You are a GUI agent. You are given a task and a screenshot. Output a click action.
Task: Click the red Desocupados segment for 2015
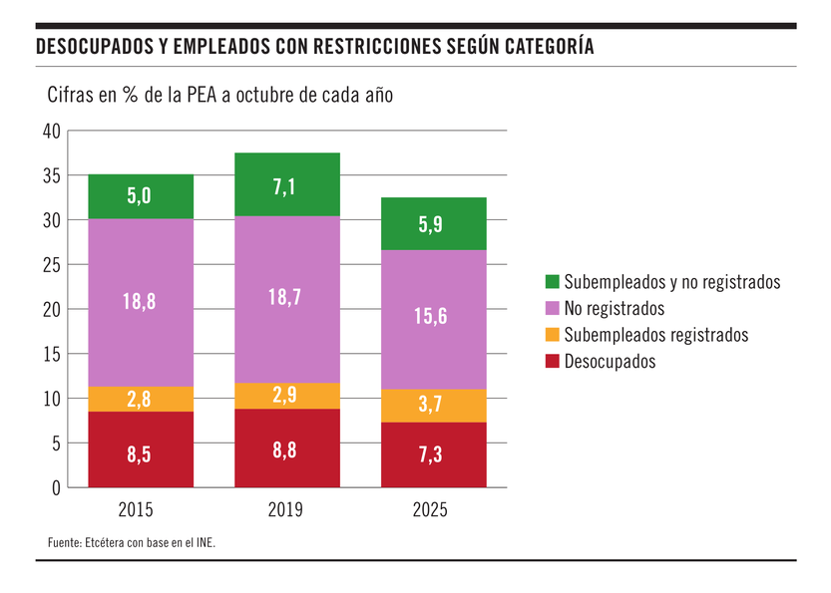(141, 450)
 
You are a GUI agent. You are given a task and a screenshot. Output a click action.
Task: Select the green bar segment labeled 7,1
(287, 184)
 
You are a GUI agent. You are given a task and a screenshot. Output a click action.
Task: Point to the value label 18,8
(141, 302)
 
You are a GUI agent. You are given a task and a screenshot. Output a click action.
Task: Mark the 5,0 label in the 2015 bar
(141, 197)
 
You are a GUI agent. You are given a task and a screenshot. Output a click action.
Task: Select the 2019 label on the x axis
(287, 510)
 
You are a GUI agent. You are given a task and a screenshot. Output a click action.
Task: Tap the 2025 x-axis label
(434, 510)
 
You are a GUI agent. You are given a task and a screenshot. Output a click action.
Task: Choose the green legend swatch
(551, 283)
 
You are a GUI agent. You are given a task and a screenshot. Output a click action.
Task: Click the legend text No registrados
(614, 309)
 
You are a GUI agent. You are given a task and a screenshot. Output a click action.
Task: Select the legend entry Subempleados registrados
(654, 335)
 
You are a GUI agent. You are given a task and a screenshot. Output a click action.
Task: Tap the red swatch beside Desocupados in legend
(551, 362)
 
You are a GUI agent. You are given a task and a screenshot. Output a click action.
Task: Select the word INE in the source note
(204, 543)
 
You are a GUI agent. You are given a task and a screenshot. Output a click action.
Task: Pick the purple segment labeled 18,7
(287, 299)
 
